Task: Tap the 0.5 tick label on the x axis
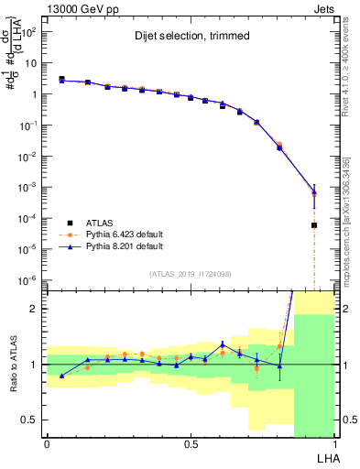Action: click(191, 443)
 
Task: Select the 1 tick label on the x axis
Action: click(334, 443)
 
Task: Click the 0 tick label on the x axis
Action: click(47, 443)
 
